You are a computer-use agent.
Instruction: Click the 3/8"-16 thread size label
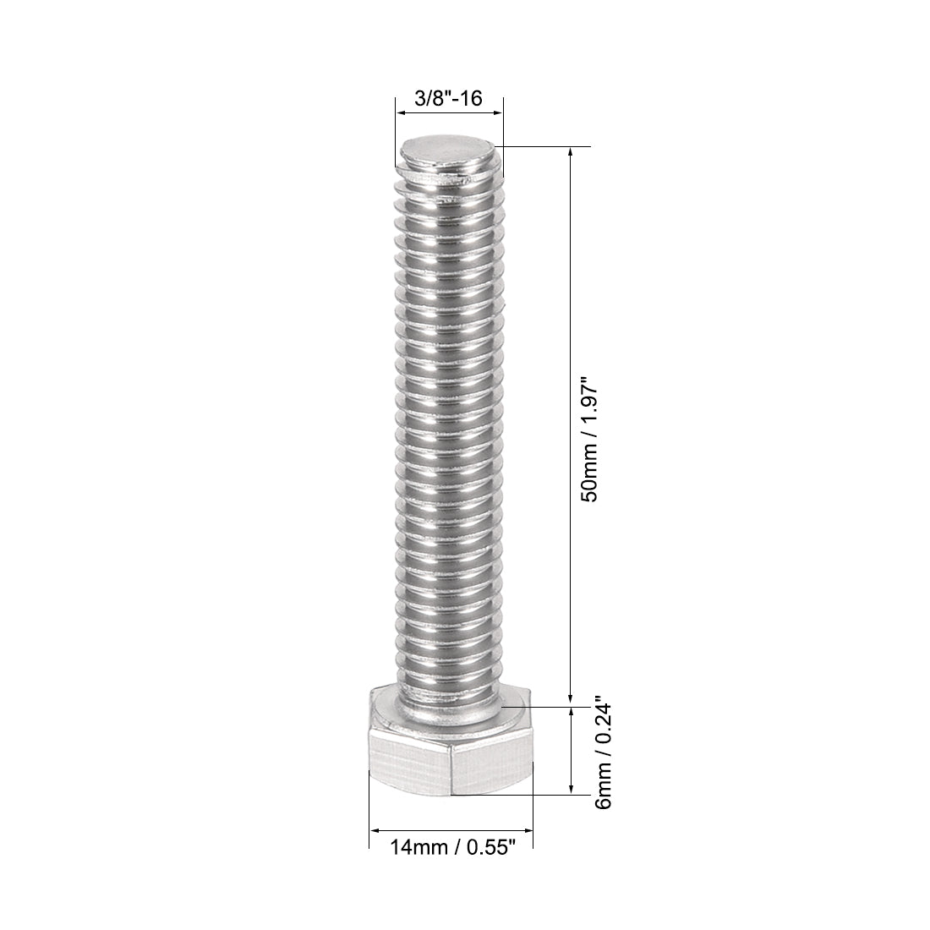448,98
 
